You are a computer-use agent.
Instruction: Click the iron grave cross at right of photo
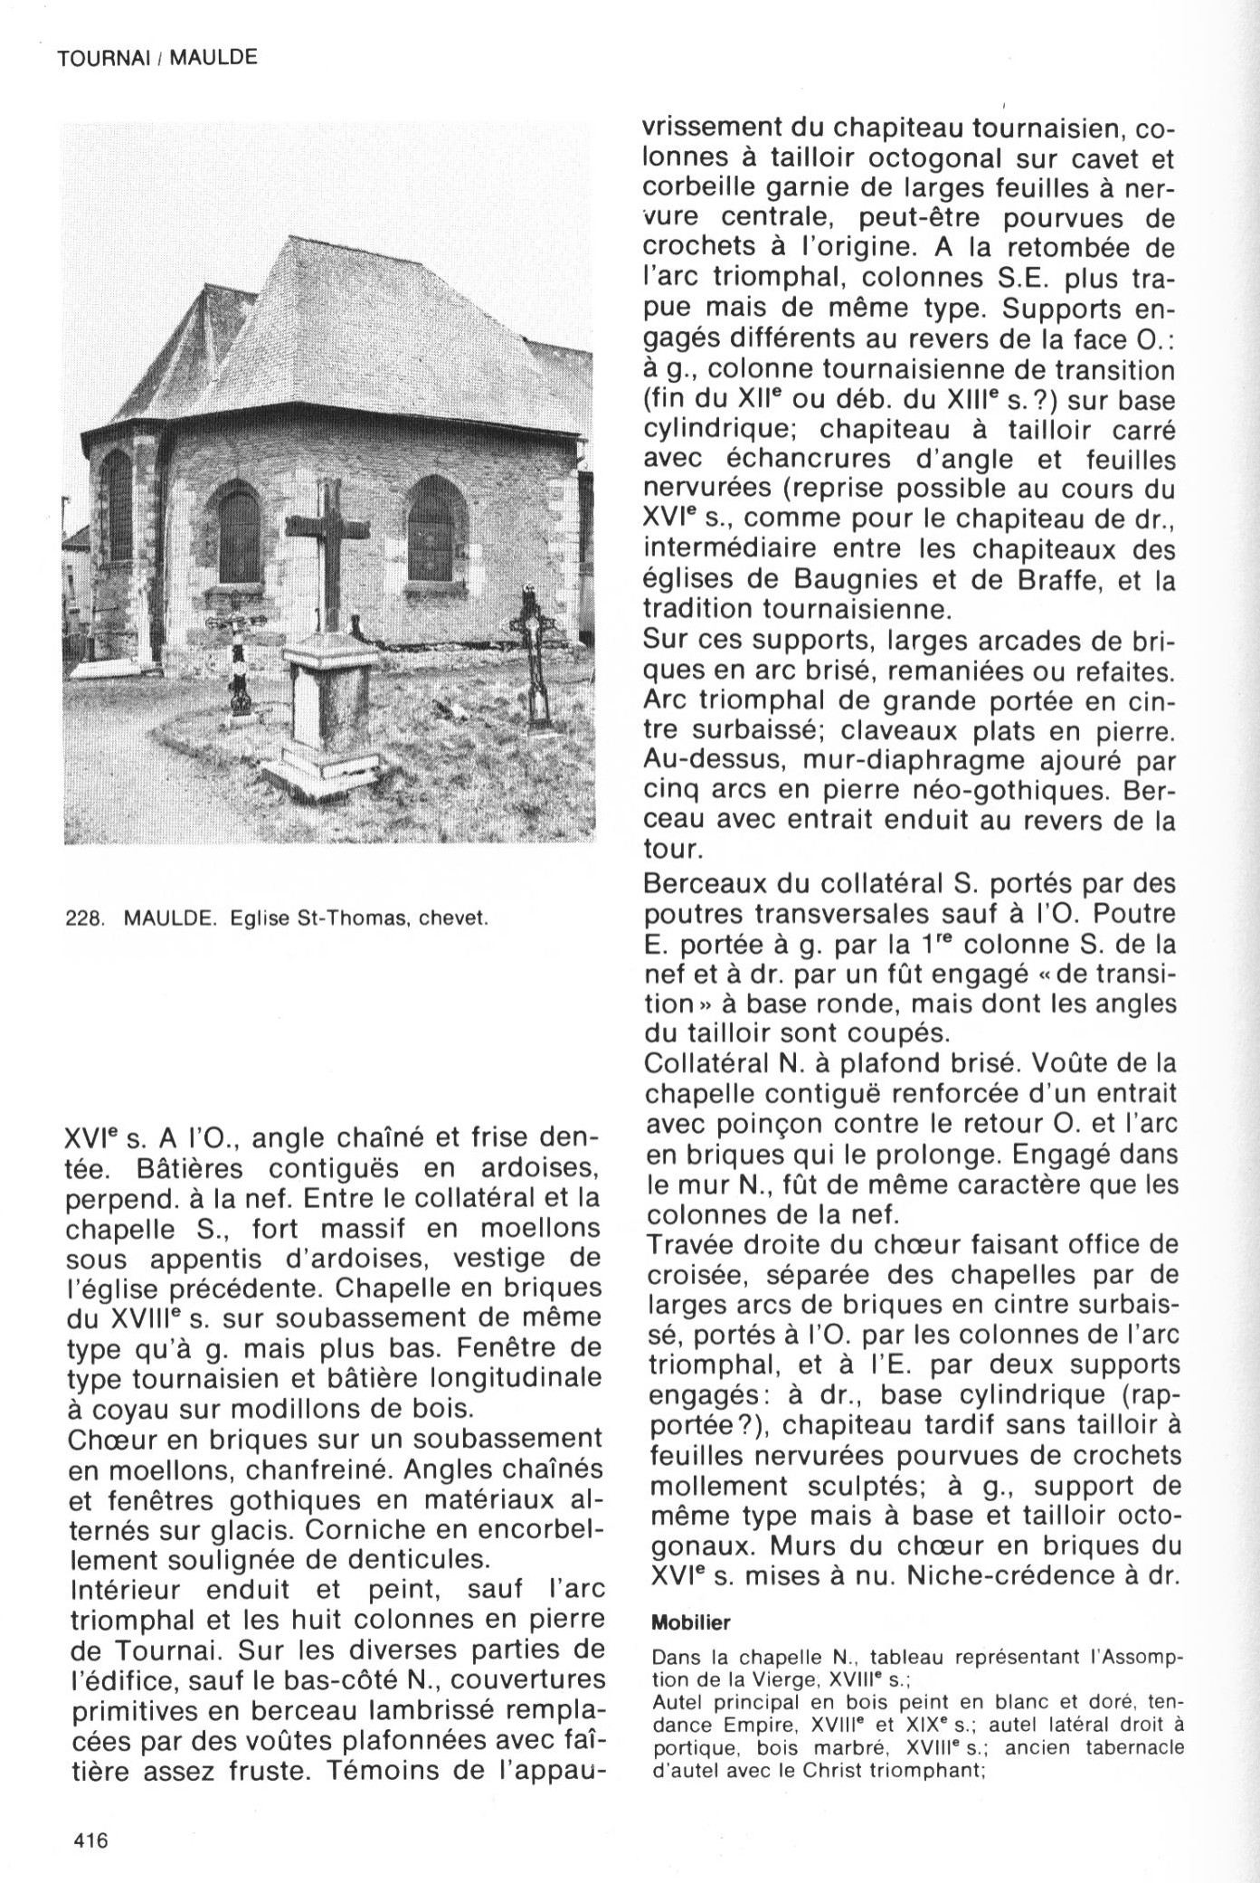tap(533, 651)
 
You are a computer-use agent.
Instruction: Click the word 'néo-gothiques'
tap(1005, 791)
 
